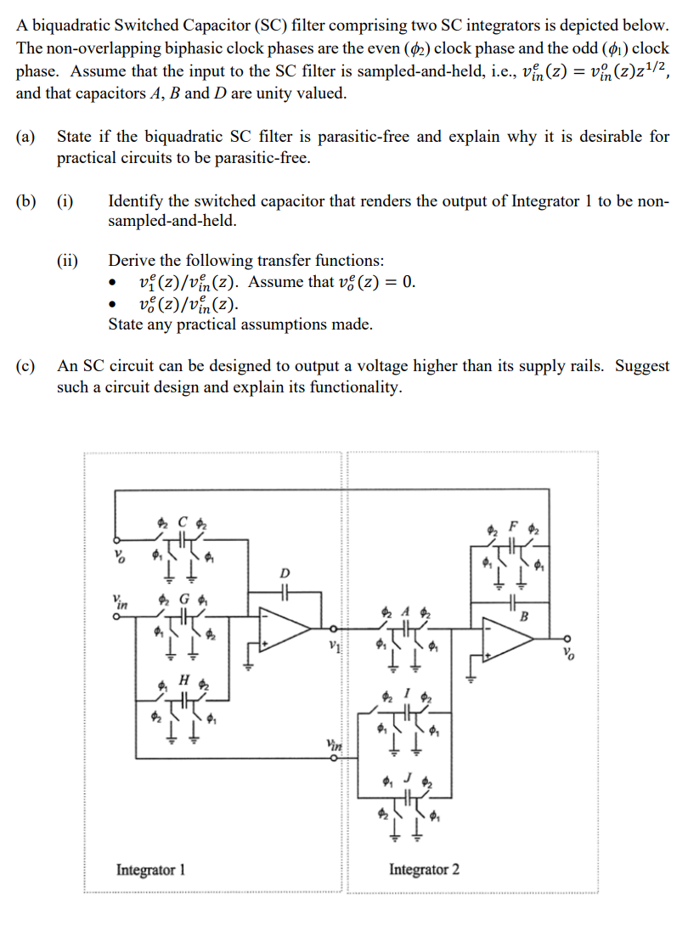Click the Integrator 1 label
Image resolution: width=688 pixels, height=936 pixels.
150,870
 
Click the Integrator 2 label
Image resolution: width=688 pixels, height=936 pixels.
425,870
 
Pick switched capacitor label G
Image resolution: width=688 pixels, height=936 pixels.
182,598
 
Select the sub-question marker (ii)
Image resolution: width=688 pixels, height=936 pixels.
65,261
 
